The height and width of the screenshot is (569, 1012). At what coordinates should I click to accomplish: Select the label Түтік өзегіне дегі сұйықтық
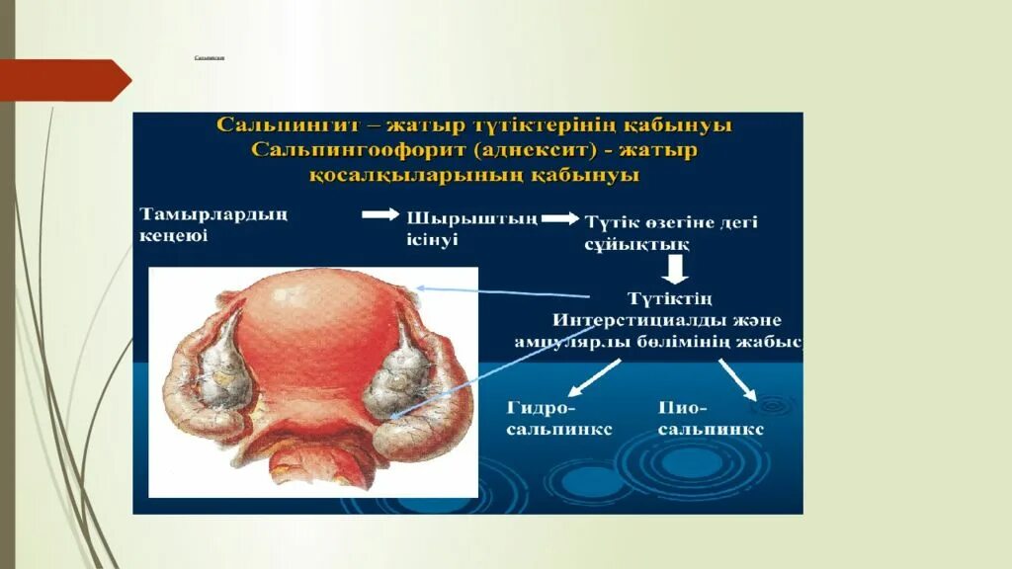click(x=671, y=233)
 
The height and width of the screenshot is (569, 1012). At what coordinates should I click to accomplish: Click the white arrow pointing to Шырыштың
click(x=379, y=214)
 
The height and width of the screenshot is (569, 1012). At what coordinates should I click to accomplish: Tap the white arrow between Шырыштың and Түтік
click(x=561, y=219)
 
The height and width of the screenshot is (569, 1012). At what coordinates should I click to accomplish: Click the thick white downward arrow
click(x=675, y=269)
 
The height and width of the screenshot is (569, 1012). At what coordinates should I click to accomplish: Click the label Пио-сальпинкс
click(x=710, y=419)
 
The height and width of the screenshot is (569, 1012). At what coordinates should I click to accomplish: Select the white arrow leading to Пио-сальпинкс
click(x=737, y=378)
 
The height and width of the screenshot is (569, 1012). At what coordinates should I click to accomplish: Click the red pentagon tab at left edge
click(x=65, y=80)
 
